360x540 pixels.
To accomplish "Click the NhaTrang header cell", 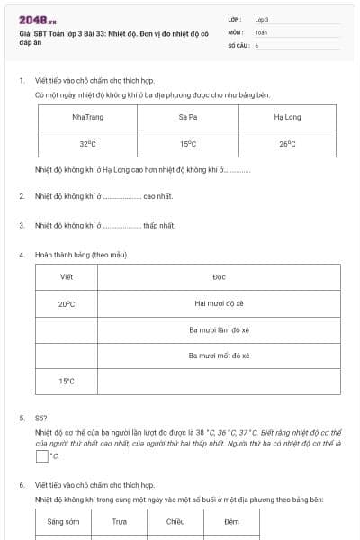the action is (x=87, y=117).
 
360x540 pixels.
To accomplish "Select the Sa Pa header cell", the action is (x=188, y=117).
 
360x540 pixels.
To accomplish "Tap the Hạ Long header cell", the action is (x=287, y=117).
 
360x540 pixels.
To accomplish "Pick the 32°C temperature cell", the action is (x=87, y=143).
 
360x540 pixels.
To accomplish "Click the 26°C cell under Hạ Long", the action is (x=287, y=143).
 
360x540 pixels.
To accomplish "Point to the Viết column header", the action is (x=67, y=277).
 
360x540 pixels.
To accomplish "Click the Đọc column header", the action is (x=219, y=277).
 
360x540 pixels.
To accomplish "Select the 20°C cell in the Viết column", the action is (x=67, y=303).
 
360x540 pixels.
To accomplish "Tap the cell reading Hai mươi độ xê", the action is (x=219, y=303).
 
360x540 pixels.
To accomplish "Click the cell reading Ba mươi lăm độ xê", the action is (x=219, y=329).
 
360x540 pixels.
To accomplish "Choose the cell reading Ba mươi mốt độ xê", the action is (x=219, y=355).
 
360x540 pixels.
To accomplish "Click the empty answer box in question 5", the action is (x=41, y=456).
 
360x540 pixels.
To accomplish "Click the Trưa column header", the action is (x=119, y=521).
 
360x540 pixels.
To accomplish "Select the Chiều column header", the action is (x=175, y=521).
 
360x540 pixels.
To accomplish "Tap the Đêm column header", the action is (x=231, y=521).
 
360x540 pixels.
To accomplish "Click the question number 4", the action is (x=22, y=255).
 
